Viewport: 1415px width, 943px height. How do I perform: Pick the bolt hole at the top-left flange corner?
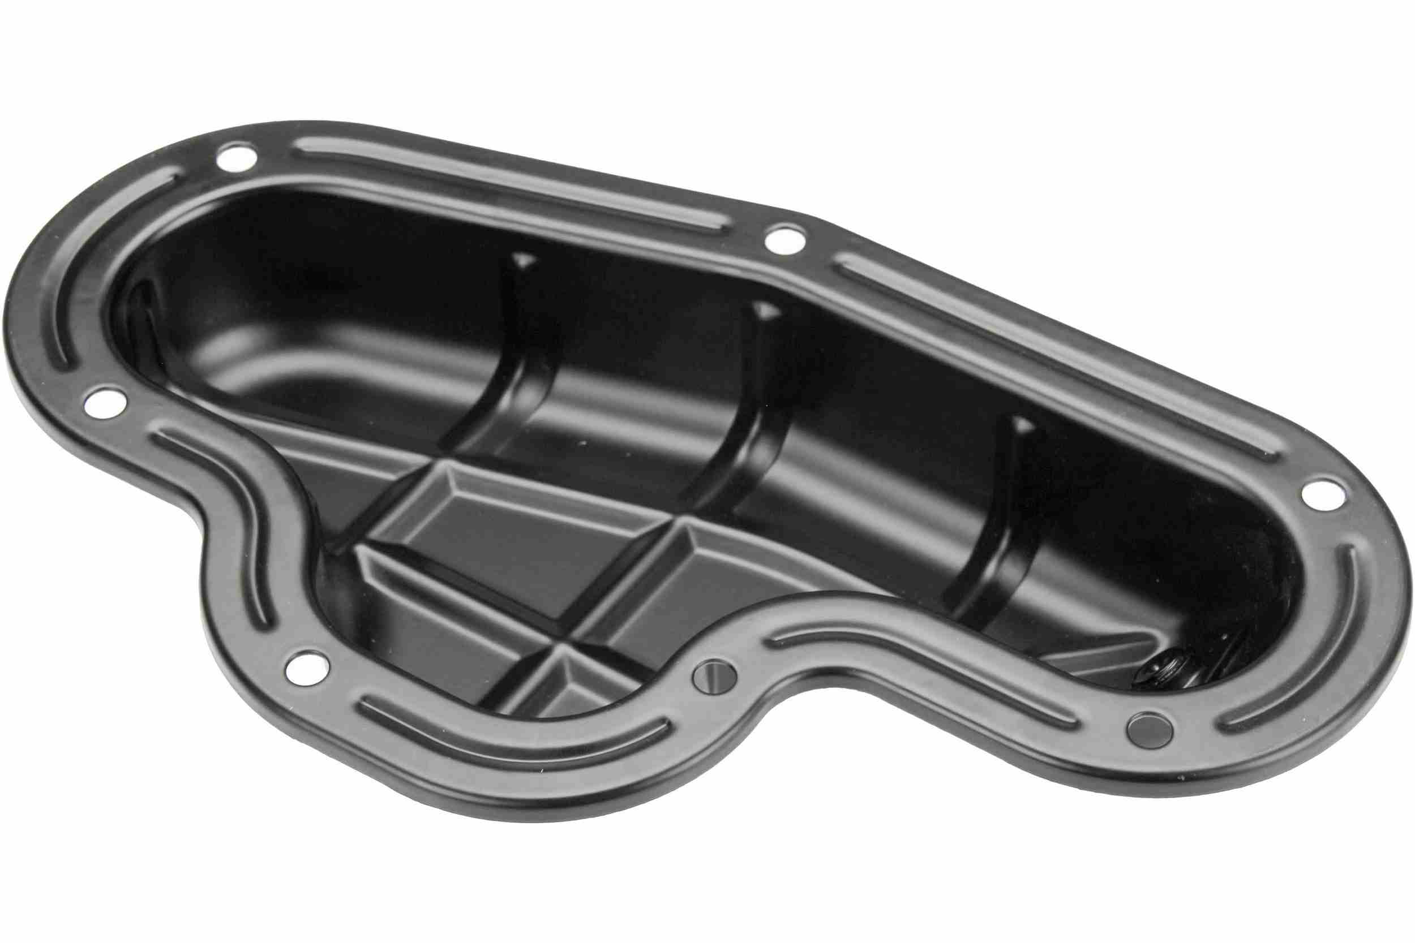click(x=236, y=156)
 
